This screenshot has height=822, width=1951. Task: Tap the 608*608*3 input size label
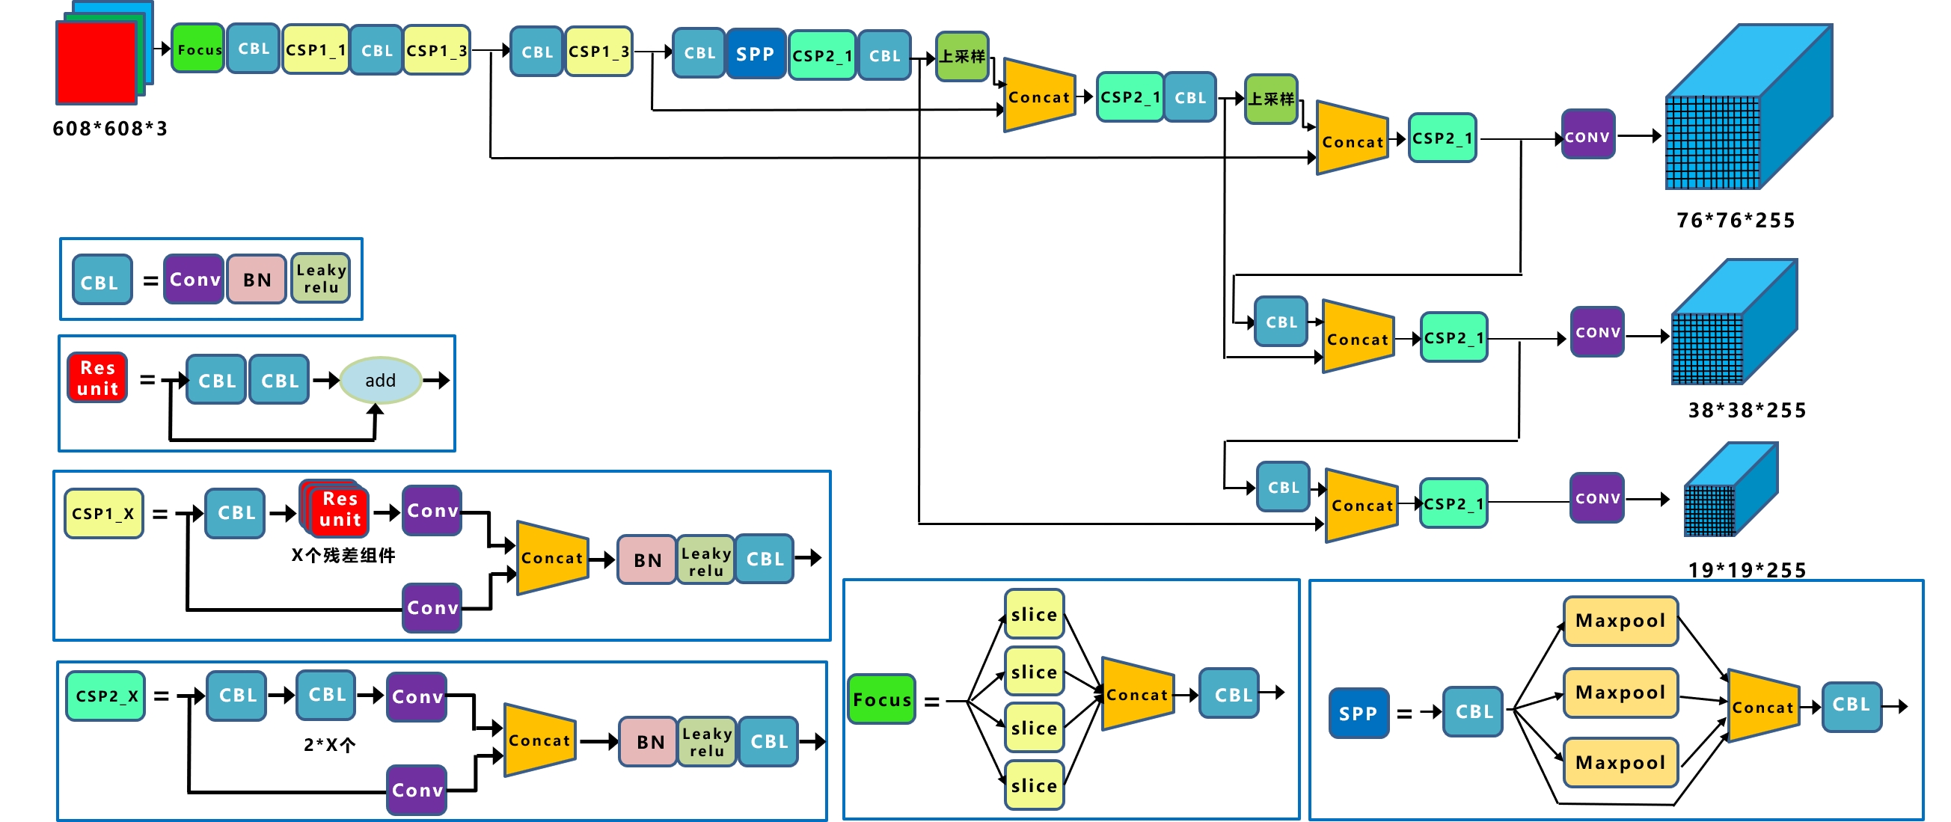click(110, 129)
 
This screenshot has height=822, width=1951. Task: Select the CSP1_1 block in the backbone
click(315, 50)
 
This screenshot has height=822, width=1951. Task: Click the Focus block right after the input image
click(197, 49)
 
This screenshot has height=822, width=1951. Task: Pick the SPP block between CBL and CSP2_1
click(754, 55)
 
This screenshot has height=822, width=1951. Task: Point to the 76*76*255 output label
click(1735, 220)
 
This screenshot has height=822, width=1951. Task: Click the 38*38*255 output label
click(1747, 410)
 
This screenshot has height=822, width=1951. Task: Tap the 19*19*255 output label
click(1747, 569)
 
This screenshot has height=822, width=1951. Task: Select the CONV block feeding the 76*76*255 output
click(1587, 136)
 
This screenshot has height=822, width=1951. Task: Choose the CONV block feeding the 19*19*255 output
click(1597, 498)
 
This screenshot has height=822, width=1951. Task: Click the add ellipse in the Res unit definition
click(380, 380)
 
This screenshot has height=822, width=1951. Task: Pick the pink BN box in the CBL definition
click(257, 279)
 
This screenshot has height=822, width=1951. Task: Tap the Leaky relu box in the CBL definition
click(321, 278)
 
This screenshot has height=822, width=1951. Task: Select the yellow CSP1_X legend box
click(103, 513)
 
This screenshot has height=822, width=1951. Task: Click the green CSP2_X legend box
click(105, 696)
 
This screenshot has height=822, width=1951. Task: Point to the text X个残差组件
click(343, 556)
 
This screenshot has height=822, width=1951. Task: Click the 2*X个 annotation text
click(329, 745)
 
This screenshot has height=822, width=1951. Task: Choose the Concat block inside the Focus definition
click(1137, 694)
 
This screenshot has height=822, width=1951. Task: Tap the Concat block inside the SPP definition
click(1762, 707)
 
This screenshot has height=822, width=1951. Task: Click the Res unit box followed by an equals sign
click(98, 378)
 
